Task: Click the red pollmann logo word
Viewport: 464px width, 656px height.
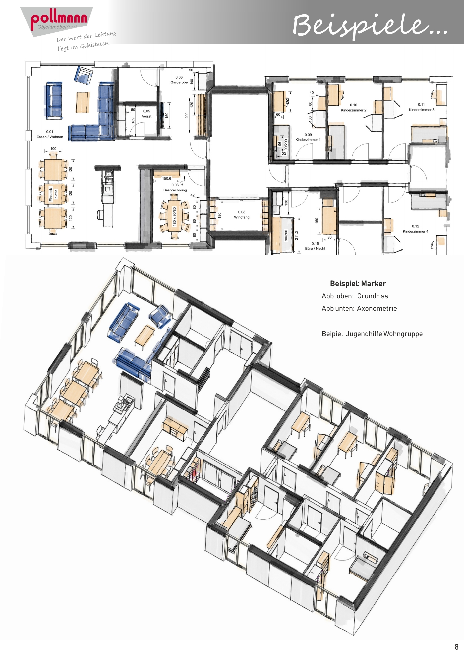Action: (x=59, y=19)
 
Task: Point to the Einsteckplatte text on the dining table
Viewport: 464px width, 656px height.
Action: (x=53, y=194)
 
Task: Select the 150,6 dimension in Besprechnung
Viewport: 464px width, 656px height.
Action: (x=167, y=179)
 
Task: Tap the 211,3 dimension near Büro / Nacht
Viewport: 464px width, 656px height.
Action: (x=296, y=235)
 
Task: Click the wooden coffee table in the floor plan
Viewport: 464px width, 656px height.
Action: (x=83, y=102)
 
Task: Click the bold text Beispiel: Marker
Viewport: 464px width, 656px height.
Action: (x=358, y=284)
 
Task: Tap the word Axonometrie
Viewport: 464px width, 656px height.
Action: (x=377, y=308)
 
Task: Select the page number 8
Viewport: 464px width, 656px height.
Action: (x=456, y=647)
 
